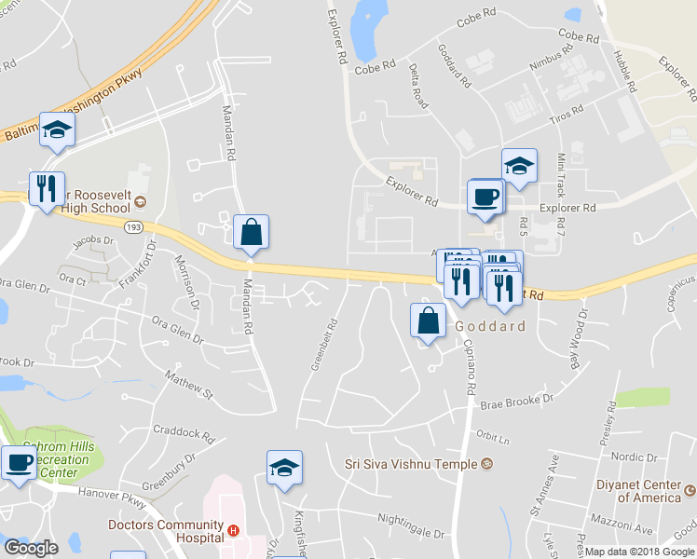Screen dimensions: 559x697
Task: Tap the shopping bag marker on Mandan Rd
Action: pos(251,233)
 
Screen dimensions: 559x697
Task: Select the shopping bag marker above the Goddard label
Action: pos(428,320)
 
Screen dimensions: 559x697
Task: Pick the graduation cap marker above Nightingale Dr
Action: pos(284,469)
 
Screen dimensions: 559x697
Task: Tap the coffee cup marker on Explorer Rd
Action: pos(485,198)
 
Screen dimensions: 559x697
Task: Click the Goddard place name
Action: pos(490,327)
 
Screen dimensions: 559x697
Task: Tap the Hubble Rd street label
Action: pos(623,70)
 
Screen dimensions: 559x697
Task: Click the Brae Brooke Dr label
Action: pos(516,402)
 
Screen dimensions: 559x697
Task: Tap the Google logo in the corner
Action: pos(31,548)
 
